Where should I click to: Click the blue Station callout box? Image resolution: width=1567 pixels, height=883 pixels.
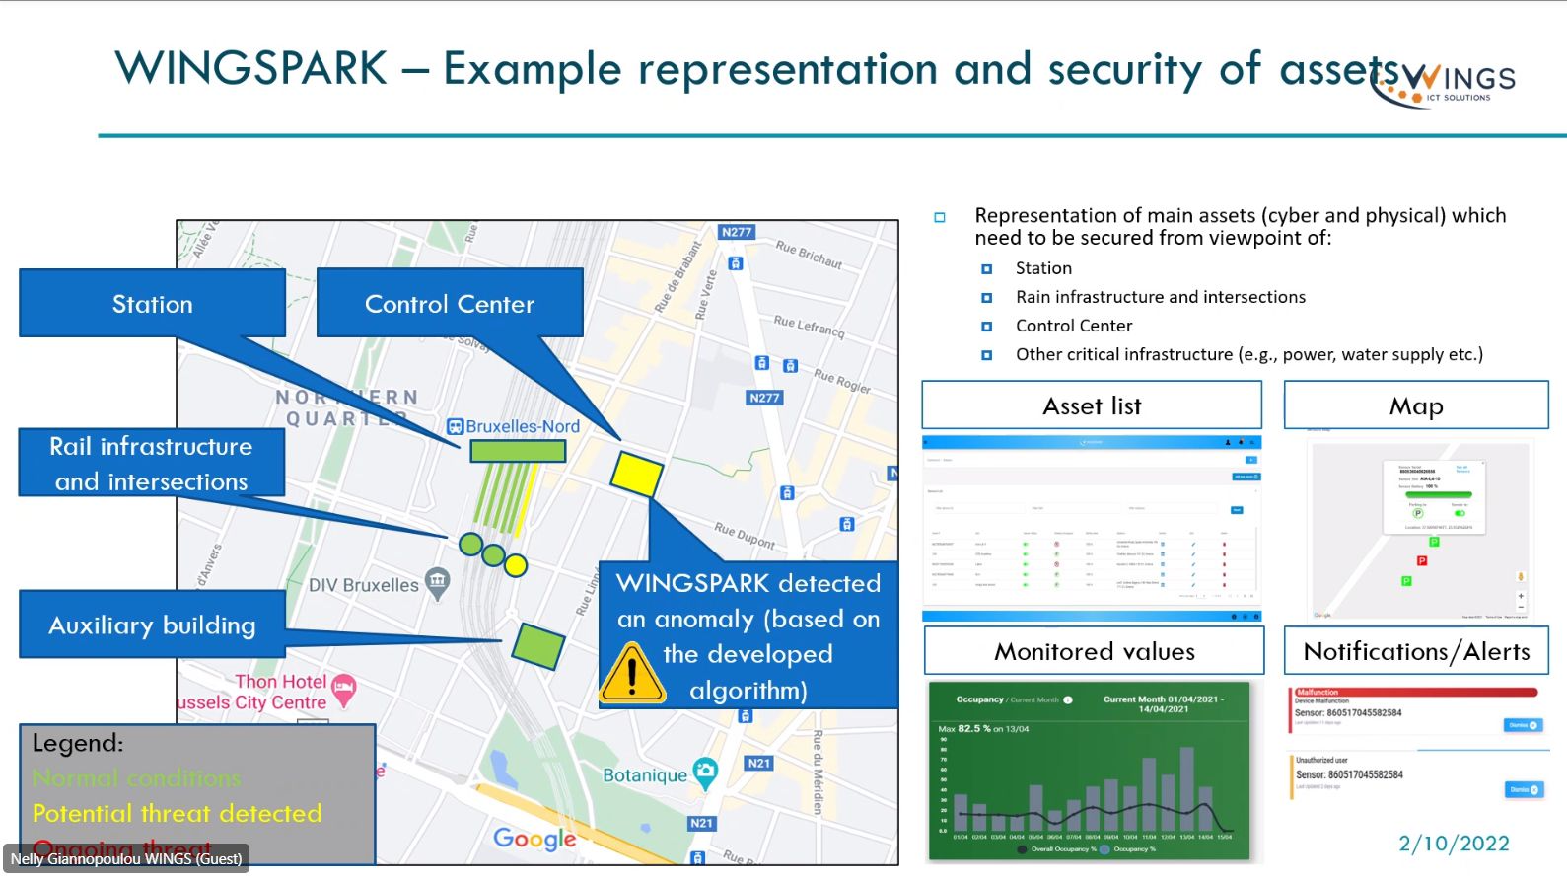[x=152, y=304]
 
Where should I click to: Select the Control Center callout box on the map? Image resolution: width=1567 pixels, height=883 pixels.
[x=450, y=304]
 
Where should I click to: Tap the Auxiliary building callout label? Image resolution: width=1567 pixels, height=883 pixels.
[x=152, y=625]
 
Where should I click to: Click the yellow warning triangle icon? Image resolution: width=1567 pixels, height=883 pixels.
[x=631, y=673]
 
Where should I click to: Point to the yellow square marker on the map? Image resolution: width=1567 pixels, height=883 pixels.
[x=636, y=474]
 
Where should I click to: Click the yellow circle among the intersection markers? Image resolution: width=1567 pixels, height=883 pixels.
[x=516, y=565]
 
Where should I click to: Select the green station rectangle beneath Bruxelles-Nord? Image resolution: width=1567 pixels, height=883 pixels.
[x=518, y=451]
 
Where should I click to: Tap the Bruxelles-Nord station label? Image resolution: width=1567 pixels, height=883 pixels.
[x=522, y=426]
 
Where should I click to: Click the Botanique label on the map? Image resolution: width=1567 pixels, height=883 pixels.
[x=645, y=775]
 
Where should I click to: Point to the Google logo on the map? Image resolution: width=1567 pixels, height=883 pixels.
[x=534, y=839]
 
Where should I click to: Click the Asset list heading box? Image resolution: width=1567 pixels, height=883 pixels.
[x=1092, y=405]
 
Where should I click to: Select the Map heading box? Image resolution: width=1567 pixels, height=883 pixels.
[x=1416, y=405]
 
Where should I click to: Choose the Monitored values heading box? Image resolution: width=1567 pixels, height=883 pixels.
[x=1094, y=651]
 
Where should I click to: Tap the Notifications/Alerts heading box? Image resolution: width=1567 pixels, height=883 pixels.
[x=1416, y=651]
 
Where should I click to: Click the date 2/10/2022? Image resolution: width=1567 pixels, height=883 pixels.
[x=1454, y=844]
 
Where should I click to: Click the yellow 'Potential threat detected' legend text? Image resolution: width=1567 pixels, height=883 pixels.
[x=178, y=813]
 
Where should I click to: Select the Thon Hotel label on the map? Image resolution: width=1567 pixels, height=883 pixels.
[x=280, y=681]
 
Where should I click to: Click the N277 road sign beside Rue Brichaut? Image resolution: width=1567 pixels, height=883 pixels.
[x=736, y=233]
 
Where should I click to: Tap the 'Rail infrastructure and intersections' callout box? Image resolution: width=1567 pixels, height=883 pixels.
[x=152, y=463]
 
